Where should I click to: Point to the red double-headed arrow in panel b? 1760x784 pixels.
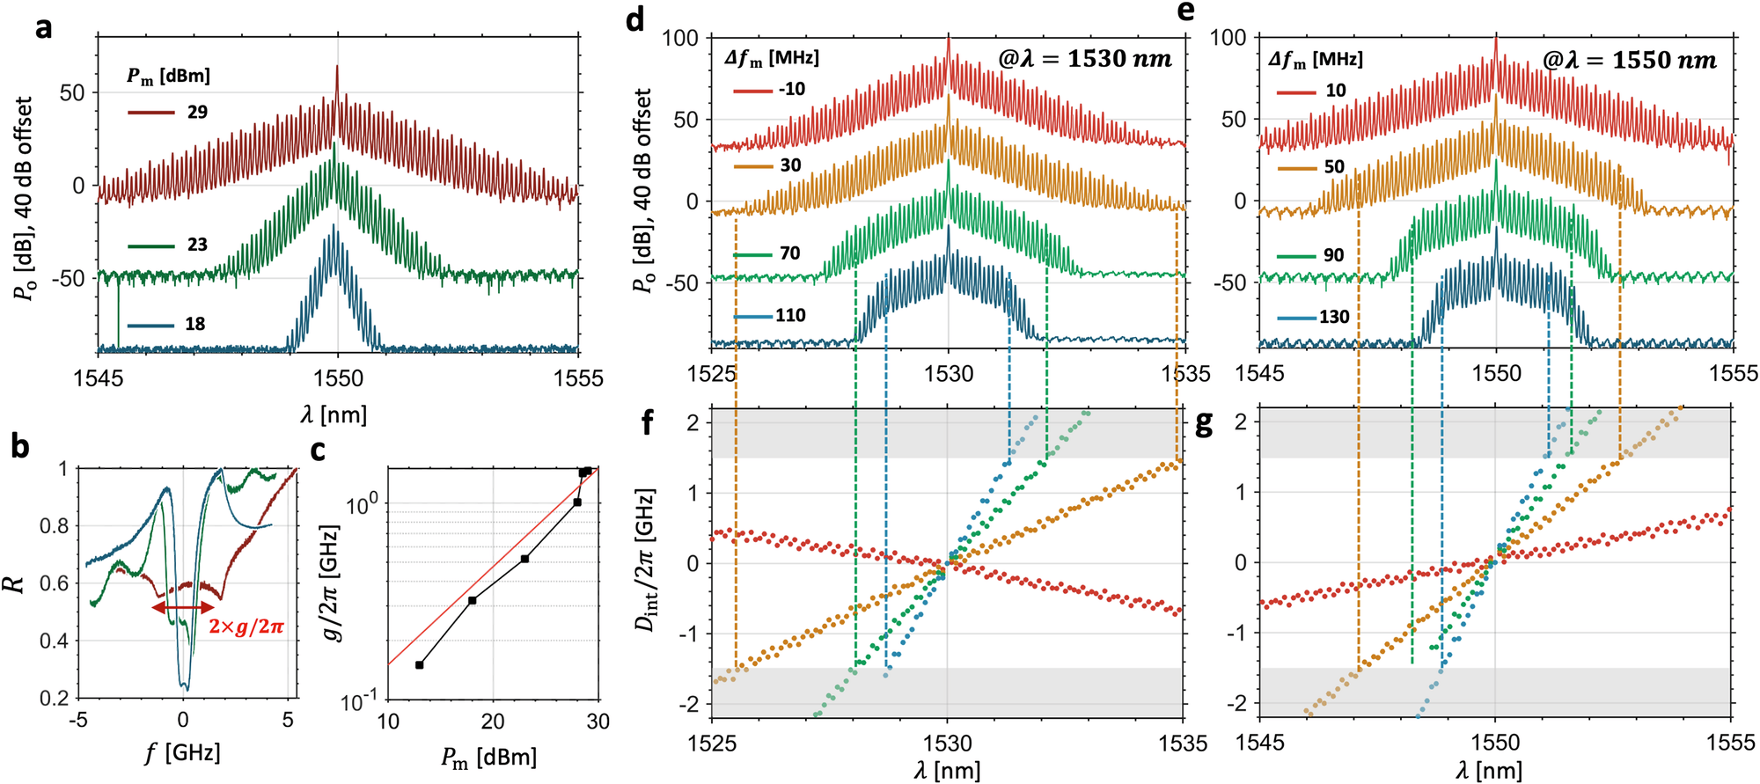coord(183,607)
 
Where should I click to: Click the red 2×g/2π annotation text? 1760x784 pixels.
coord(246,627)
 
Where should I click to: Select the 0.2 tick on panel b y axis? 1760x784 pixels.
coord(55,698)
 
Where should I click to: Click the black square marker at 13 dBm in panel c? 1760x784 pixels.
coord(419,665)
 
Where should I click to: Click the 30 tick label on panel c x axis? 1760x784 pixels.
coord(598,722)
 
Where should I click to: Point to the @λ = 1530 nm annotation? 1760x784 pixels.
coord(1084,59)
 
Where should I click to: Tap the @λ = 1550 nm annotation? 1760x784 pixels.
coord(1629,60)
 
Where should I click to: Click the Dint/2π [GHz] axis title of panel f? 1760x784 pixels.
coord(649,572)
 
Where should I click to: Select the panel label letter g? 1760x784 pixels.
coord(1202,425)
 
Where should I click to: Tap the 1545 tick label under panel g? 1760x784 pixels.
coord(1260,743)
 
